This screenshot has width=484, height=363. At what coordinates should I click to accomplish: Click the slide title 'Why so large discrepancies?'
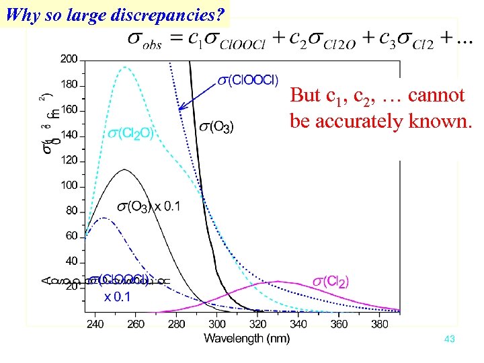pyautogui.click(x=113, y=13)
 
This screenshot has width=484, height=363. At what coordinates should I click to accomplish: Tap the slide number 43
pyautogui.click(x=450, y=339)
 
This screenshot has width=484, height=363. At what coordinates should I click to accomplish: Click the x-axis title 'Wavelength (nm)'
pyautogui.click(x=247, y=337)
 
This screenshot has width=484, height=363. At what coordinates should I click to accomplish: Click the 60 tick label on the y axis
pyautogui.click(x=71, y=236)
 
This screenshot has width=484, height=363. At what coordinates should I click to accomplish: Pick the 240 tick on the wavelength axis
pyautogui.click(x=95, y=324)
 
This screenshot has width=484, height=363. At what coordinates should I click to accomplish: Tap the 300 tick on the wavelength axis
pyautogui.click(x=217, y=324)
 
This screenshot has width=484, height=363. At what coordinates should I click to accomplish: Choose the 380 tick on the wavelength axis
pyautogui.click(x=379, y=324)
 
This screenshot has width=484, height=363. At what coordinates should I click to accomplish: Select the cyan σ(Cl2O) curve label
pyautogui.click(x=132, y=133)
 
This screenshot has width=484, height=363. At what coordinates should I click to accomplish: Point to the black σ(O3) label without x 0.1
pyautogui.click(x=216, y=127)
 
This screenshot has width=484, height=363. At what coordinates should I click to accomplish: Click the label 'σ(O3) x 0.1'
pyautogui.click(x=149, y=206)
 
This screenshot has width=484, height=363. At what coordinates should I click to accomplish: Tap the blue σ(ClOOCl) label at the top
pyautogui.click(x=247, y=81)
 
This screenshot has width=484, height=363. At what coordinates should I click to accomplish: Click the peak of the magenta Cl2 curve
pyautogui.click(x=277, y=282)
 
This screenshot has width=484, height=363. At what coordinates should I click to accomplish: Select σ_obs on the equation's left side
pyautogui.click(x=145, y=40)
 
